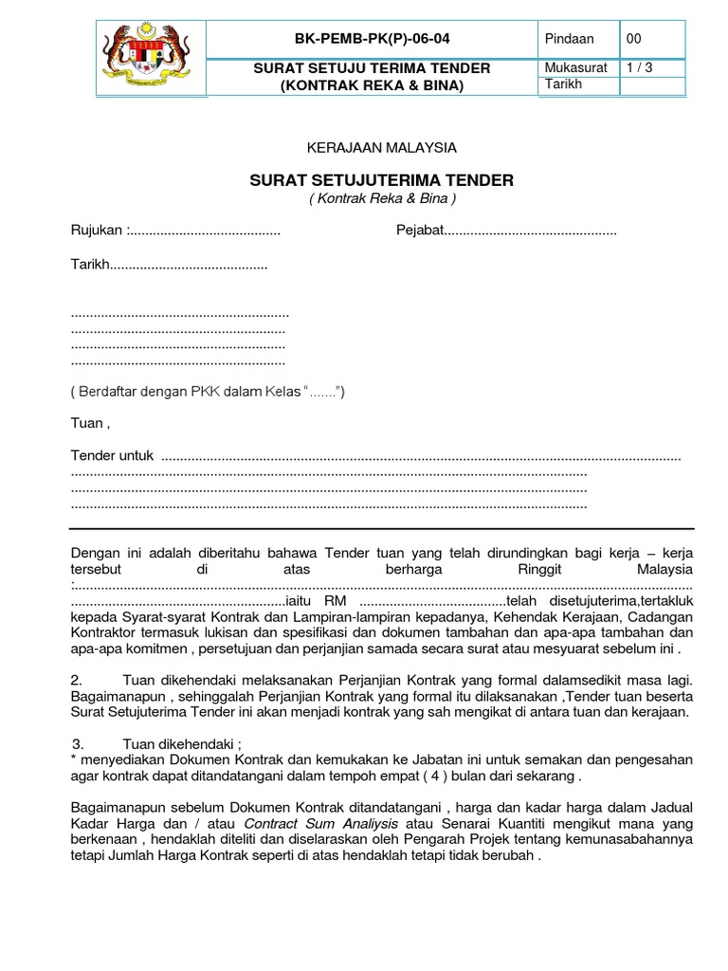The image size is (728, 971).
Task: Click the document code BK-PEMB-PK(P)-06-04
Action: (372, 39)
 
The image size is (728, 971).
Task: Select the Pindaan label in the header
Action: (570, 39)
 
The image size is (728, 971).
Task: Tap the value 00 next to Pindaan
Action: (633, 39)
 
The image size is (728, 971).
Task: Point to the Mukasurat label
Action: (575, 68)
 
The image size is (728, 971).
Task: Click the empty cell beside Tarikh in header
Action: (651, 85)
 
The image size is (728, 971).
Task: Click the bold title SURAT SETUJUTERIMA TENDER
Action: (381, 179)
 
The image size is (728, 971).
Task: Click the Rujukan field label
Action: (98, 230)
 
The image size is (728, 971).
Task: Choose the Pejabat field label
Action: (420, 230)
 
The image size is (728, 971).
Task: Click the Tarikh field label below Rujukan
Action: (90, 266)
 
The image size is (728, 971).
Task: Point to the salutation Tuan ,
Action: (91, 423)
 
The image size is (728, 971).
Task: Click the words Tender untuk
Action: (112, 456)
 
